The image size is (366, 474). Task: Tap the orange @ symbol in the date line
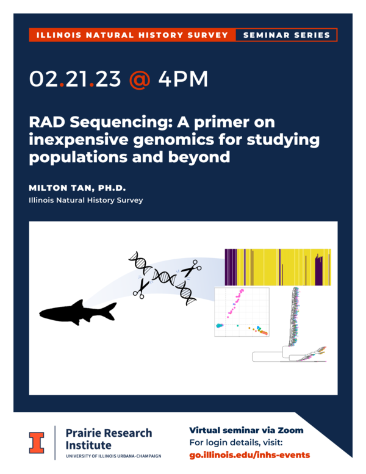click(139, 80)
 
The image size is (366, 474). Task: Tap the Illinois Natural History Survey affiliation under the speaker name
click(86, 199)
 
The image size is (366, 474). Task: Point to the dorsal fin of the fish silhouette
click(76, 303)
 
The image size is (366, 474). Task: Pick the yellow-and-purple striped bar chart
click(278, 267)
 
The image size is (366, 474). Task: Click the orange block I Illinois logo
click(37, 442)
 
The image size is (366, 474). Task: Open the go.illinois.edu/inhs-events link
click(249, 454)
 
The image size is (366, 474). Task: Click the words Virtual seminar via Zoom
click(246, 430)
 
